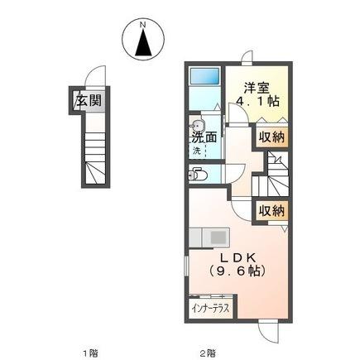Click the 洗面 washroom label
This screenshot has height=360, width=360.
click(205, 138)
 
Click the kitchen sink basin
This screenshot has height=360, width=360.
click(218, 238)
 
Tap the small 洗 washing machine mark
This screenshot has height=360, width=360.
click(198, 151)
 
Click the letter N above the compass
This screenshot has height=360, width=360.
click(143, 24)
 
